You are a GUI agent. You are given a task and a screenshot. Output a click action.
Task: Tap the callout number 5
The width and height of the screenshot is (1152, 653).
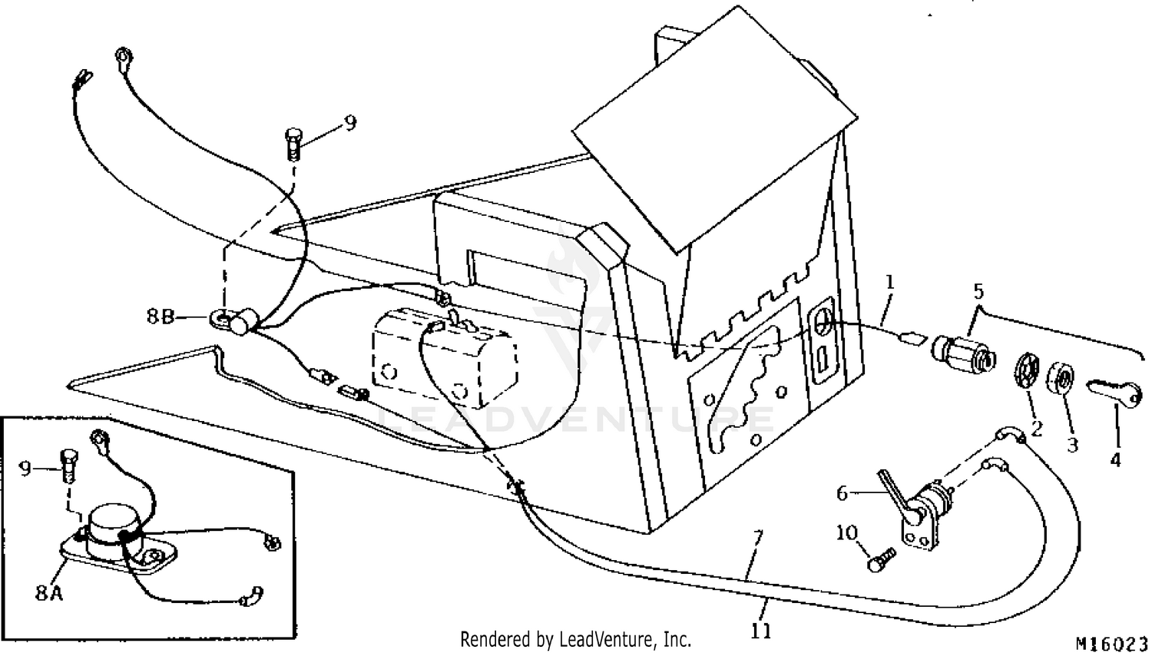click(978, 291)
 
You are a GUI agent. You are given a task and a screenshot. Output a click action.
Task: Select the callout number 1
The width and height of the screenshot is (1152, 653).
click(889, 282)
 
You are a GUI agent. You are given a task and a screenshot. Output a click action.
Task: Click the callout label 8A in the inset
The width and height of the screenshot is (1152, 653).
click(48, 593)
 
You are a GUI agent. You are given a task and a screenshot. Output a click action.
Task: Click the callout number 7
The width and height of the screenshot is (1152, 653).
click(758, 538)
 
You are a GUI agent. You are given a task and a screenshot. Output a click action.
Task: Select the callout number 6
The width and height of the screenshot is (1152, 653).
click(842, 492)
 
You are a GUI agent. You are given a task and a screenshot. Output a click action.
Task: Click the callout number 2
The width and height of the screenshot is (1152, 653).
click(1035, 428)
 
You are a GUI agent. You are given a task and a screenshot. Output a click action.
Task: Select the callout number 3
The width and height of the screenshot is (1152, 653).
click(1072, 444)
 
